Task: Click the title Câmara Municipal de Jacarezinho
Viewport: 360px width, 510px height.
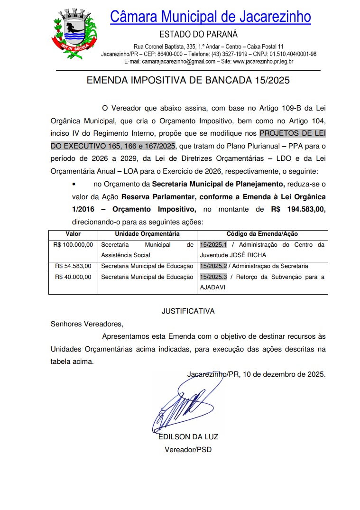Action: point(210,17)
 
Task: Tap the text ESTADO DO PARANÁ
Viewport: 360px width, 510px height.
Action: point(198,35)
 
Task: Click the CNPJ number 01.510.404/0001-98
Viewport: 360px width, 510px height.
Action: point(293,54)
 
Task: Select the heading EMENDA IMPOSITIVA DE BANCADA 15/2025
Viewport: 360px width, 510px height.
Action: point(188,81)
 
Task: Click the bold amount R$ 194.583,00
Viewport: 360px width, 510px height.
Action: point(298,209)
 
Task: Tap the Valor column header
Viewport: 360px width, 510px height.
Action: point(73,234)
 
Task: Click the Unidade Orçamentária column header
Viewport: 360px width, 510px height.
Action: point(147,234)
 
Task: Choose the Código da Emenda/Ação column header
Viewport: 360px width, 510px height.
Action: point(262,234)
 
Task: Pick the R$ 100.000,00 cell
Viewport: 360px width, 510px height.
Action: point(74,245)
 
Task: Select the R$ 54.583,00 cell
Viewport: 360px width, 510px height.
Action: point(74,266)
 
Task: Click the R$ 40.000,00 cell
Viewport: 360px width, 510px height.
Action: point(74,277)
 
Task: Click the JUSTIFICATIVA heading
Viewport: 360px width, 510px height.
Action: point(188,311)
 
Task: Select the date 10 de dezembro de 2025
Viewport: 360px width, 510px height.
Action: point(284,374)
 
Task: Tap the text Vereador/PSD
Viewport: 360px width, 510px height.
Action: point(188,449)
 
